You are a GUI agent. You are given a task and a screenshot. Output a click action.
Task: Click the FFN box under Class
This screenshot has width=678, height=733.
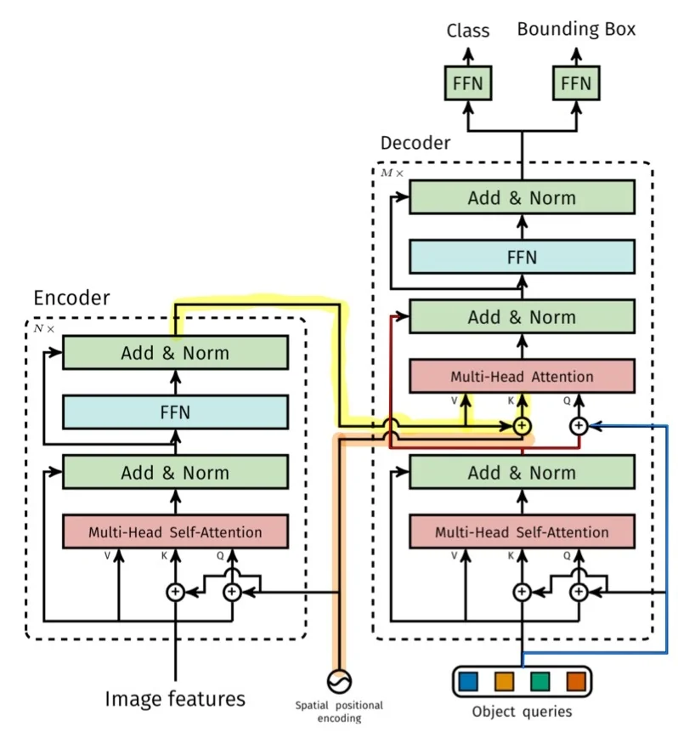tap(468, 84)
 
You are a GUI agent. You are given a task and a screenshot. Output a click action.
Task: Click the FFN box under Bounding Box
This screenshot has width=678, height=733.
tap(575, 84)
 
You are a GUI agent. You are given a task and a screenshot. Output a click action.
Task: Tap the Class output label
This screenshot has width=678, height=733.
tap(468, 31)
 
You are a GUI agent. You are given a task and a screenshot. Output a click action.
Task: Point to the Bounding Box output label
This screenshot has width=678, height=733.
tap(576, 30)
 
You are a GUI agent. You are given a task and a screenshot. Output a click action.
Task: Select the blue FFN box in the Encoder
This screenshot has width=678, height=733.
tap(175, 412)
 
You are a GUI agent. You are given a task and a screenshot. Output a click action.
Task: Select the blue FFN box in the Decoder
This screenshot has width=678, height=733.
tap(522, 257)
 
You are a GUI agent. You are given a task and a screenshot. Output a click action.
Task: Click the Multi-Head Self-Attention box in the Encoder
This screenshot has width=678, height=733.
tap(175, 532)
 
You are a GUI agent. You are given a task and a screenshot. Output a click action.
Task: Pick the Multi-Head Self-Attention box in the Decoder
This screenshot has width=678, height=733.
tap(522, 532)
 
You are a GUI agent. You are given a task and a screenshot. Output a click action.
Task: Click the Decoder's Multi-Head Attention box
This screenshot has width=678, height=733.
tap(522, 376)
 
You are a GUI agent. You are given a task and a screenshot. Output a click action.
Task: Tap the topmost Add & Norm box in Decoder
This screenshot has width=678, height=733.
tap(522, 198)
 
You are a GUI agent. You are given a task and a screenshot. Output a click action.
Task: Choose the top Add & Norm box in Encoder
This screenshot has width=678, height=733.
tap(175, 353)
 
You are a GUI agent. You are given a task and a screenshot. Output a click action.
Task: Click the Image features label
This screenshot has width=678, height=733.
tap(175, 699)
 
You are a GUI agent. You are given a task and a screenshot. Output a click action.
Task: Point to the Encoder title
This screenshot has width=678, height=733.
tap(71, 298)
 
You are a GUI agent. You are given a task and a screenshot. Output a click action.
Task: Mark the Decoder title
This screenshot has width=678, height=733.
tap(415, 143)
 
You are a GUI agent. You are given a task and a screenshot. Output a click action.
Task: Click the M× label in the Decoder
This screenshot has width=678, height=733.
tap(392, 173)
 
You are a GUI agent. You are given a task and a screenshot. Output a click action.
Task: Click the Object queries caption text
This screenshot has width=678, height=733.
tap(522, 712)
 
